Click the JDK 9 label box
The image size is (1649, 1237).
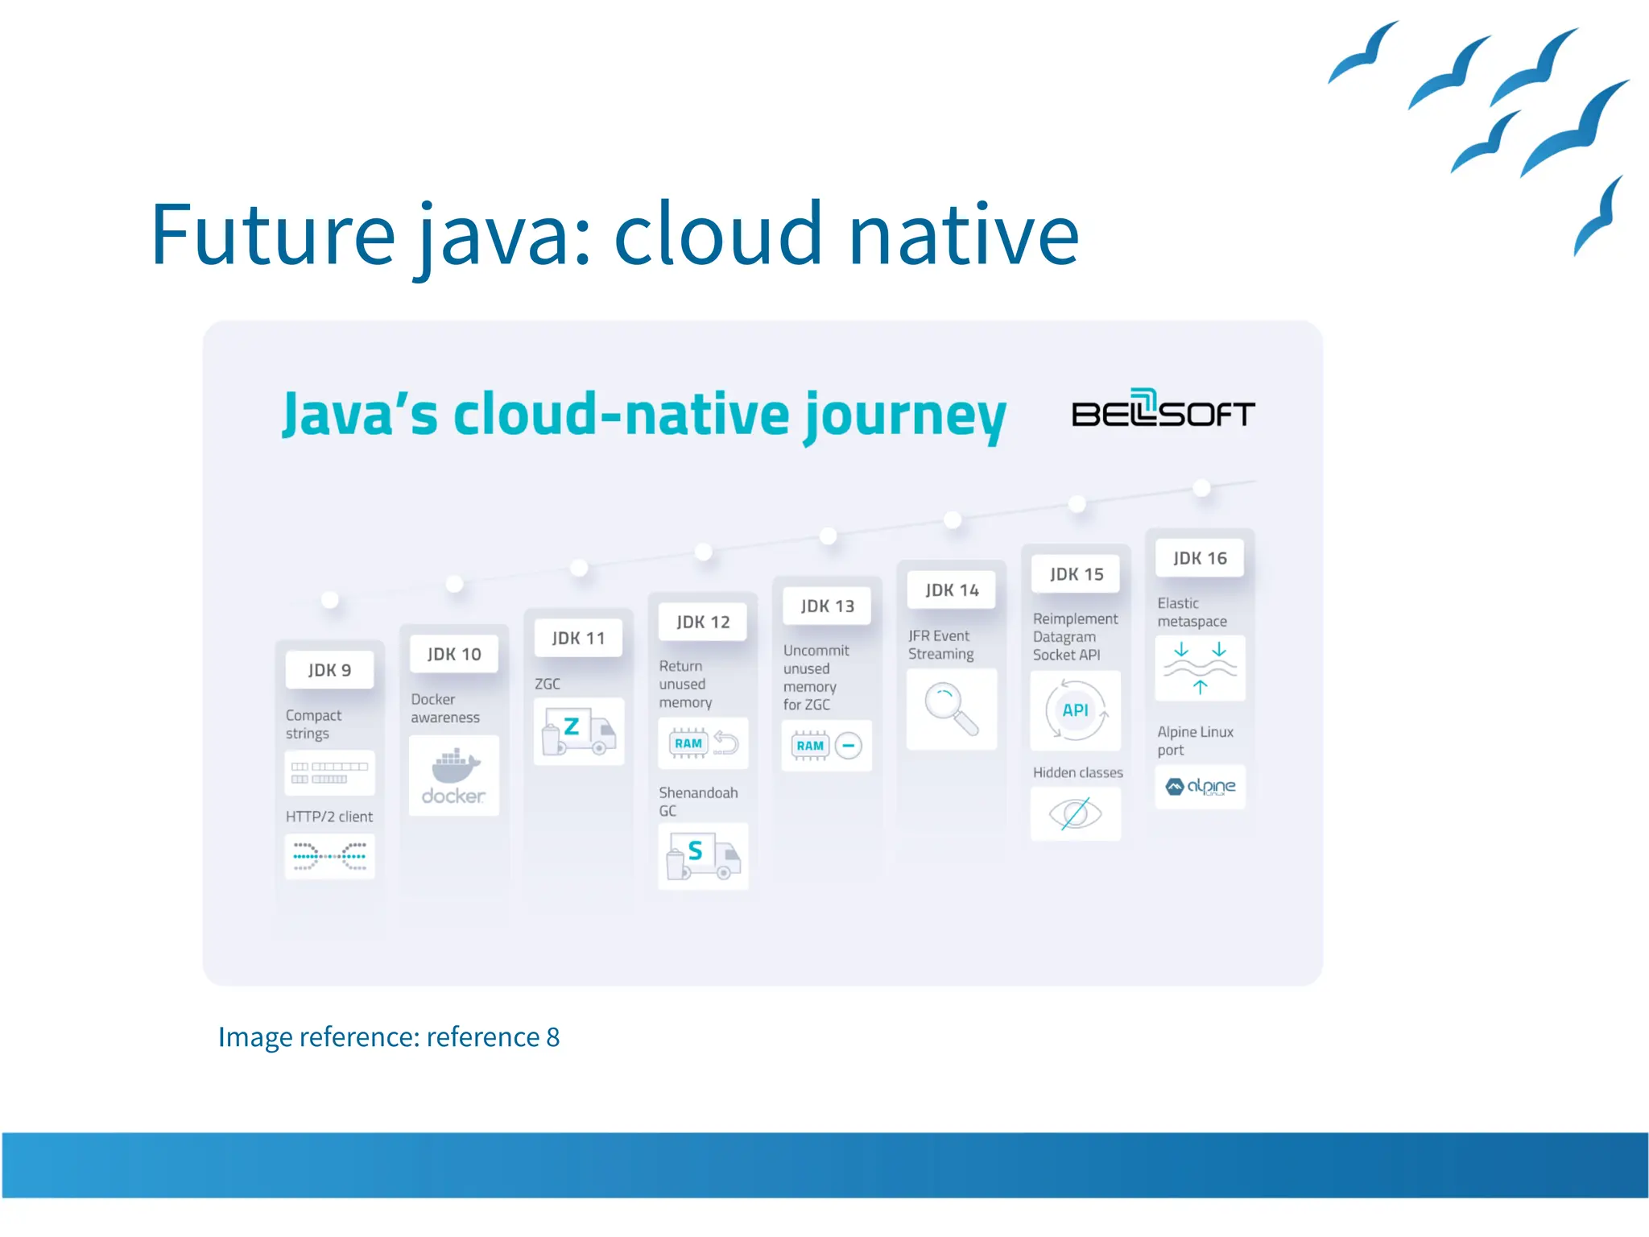[x=329, y=670]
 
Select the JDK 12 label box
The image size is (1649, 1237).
[x=702, y=622]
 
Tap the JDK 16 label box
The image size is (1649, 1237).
[x=1199, y=558]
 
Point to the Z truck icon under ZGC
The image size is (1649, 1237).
[x=578, y=730]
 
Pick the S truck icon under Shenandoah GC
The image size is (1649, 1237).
[x=703, y=856]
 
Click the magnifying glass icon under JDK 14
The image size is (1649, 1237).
[x=951, y=709]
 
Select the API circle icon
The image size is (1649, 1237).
[x=1075, y=710]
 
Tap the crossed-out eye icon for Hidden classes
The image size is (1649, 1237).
[x=1075, y=813]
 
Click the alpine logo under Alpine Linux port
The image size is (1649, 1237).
[x=1200, y=786]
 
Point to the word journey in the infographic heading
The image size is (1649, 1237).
[x=905, y=415]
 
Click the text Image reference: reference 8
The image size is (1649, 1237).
[x=388, y=1036]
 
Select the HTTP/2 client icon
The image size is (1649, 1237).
[x=329, y=855]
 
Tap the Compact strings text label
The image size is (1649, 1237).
[x=313, y=724]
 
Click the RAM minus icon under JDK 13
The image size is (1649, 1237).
[x=826, y=746]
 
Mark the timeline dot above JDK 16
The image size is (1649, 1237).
[x=1201, y=487]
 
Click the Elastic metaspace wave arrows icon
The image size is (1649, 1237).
[x=1200, y=668]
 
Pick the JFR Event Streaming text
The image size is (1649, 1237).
[x=940, y=644]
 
